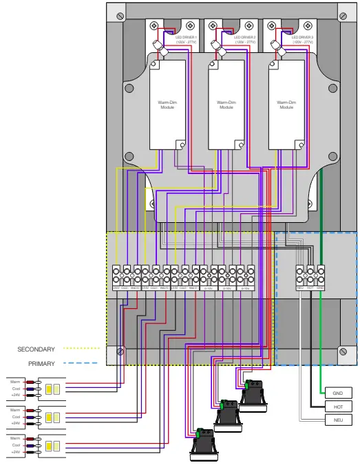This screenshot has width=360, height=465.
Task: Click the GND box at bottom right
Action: coord(337,393)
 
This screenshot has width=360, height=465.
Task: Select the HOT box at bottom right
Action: coord(337,407)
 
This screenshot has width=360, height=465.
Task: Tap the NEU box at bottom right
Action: coord(337,420)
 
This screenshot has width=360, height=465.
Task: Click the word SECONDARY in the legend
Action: coord(36,349)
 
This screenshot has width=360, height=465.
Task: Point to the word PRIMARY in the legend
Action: coord(41,363)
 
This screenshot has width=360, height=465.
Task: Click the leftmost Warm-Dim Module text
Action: coord(167,105)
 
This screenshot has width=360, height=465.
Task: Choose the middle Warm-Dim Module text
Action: coord(226,105)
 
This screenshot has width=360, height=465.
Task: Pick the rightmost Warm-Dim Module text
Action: coord(286,105)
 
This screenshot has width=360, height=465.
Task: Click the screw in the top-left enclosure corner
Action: coord(121,15)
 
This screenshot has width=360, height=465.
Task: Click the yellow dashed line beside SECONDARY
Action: coord(78,349)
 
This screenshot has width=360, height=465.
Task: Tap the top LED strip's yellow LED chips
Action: coord(53,389)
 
